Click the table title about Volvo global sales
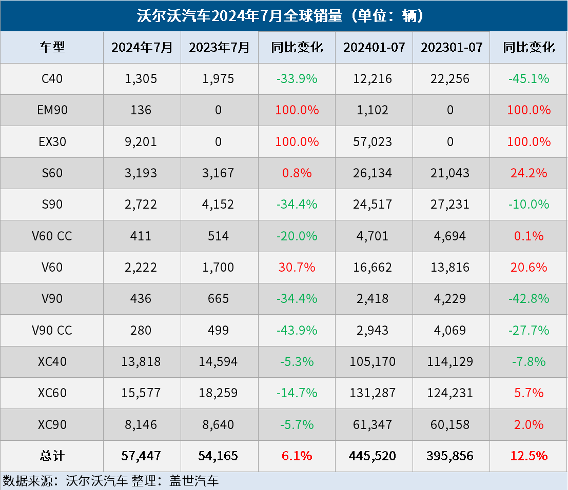pyautogui.click(x=284, y=16)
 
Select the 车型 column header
pyautogui.click(x=52, y=47)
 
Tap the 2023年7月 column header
pyautogui.click(x=219, y=47)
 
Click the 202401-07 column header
pyautogui.click(x=374, y=47)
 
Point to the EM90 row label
pyautogui.click(x=52, y=110)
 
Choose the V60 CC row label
pyautogui.click(x=52, y=236)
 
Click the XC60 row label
pyautogui.click(x=52, y=393)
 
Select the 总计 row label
pyautogui.click(x=52, y=456)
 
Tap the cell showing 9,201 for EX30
pyautogui.click(x=142, y=141)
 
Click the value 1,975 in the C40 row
pyautogui.click(x=219, y=79)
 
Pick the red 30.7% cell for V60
pyautogui.click(x=297, y=268)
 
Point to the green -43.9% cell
pyautogui.click(x=297, y=330)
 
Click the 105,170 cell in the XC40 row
pyautogui.click(x=374, y=362)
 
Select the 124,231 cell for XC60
pyautogui.click(x=452, y=393)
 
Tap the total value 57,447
pyautogui.click(x=142, y=456)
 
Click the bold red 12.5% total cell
pyautogui.click(x=529, y=456)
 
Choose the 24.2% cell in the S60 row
pyautogui.click(x=529, y=173)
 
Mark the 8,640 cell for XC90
pyautogui.click(x=219, y=424)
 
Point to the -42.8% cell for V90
pyautogui.click(x=529, y=299)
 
